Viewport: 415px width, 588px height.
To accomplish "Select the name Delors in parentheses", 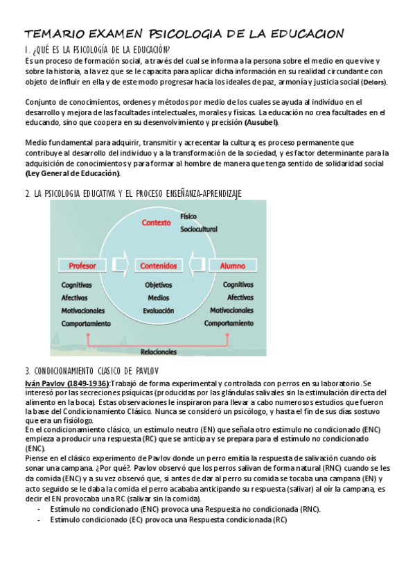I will pyautogui.click(x=374, y=82).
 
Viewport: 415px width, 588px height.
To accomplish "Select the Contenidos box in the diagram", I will pyautogui.click(x=158, y=266).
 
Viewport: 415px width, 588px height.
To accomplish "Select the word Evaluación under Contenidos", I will pyautogui.click(x=158, y=311).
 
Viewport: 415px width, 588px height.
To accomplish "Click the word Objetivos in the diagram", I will pyautogui.click(x=158, y=285).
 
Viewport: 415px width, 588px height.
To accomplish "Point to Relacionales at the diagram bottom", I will pyautogui.click(x=159, y=352).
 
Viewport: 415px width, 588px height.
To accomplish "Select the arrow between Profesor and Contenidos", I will pyautogui.click(x=122, y=266).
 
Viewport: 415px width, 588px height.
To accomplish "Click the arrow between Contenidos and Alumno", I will pyautogui.click(x=197, y=266).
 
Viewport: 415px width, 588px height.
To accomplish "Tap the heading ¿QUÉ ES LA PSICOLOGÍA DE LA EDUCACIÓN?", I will pyautogui.click(x=97, y=50).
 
